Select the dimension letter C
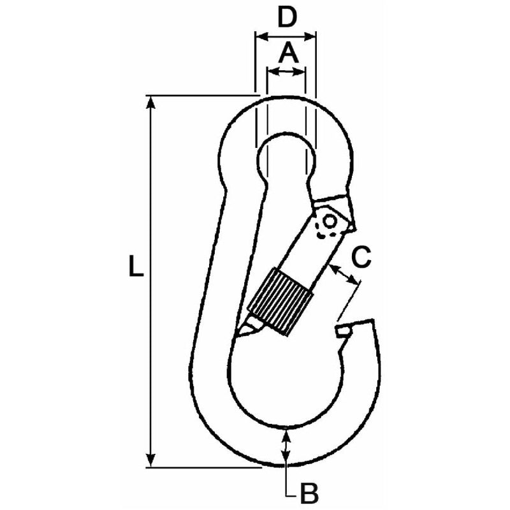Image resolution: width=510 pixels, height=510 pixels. pos(361,258)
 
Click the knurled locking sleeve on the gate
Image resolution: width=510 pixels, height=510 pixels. pos(280,300)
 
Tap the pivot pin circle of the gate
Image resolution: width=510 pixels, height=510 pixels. pos(330,221)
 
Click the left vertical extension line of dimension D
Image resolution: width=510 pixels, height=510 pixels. pos(255,64)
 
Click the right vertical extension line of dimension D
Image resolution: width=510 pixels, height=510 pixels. pos(316,64)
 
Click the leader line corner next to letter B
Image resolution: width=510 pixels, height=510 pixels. pos(287,493)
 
